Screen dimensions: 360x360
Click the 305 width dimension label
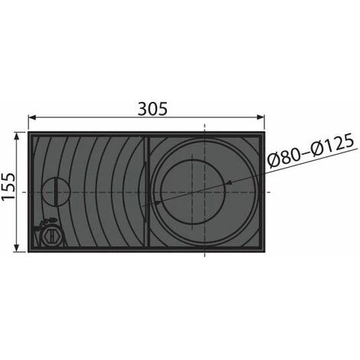[152, 109]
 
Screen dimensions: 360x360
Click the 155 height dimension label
[8, 187]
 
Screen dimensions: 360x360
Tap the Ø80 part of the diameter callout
[283, 157]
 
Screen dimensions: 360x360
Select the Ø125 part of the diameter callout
[332, 145]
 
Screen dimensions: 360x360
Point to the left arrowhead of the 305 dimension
[32, 117]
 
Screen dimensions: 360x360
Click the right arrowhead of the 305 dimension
[260, 117]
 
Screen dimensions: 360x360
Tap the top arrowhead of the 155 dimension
[17, 136]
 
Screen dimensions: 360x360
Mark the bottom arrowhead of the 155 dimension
[17, 247]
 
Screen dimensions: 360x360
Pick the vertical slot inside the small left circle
[56, 191]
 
